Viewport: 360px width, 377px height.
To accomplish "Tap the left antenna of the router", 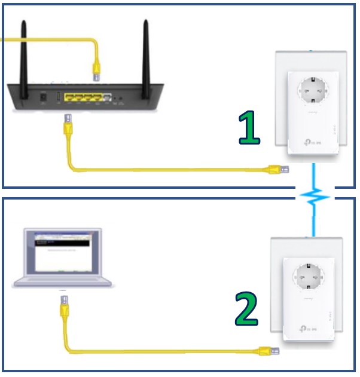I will (25, 53).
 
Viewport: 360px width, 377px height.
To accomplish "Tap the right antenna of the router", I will (145, 53).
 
